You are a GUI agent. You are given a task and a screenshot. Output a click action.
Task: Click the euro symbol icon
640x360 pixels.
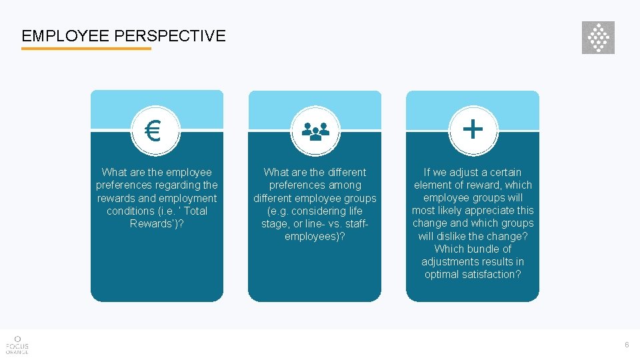(x=153, y=131)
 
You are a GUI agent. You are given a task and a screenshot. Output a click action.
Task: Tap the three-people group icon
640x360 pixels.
(x=315, y=131)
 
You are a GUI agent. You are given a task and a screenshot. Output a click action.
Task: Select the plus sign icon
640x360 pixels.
(x=473, y=128)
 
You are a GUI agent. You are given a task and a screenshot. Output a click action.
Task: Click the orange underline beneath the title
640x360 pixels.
(x=86, y=49)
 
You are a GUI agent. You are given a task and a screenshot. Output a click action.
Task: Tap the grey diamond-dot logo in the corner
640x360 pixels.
(x=598, y=37)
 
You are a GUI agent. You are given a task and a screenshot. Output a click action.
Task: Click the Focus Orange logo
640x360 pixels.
(x=17, y=345)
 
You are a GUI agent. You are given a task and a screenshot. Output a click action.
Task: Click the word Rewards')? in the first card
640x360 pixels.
(x=157, y=223)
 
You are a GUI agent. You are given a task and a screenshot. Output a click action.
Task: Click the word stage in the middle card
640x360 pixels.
(x=275, y=224)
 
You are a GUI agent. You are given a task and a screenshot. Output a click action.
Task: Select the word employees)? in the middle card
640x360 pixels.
(x=315, y=237)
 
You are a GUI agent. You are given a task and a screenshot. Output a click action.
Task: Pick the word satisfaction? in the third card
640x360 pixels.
(x=491, y=274)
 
